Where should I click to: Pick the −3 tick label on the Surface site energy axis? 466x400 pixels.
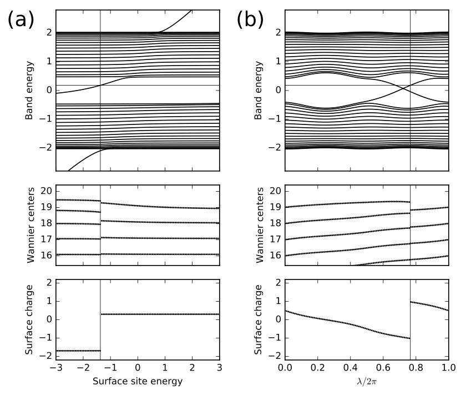pos(54,368)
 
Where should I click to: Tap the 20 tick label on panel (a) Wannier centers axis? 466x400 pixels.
pos(44,191)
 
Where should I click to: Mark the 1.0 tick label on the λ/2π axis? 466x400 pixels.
pos(448,368)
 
